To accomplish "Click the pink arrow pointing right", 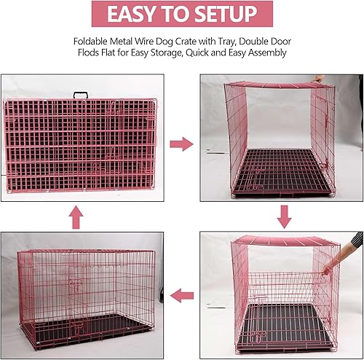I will pyautogui.click(x=181, y=144).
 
